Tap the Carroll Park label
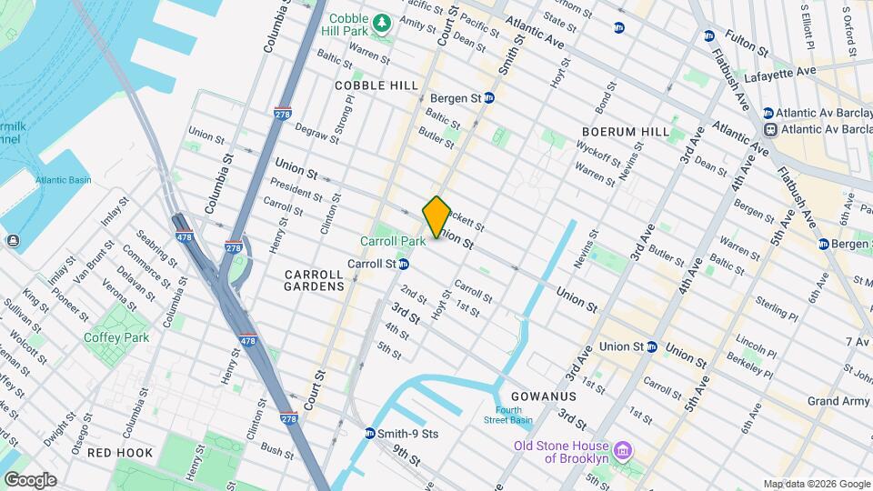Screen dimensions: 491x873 [x=393, y=242]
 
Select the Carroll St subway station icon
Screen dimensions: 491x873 [x=403, y=264]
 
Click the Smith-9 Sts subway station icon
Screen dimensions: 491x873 [x=370, y=434]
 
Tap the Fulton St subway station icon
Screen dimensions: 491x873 [x=708, y=36]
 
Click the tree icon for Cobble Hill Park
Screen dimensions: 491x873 [x=384, y=21]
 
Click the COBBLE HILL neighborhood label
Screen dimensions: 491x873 [x=376, y=85]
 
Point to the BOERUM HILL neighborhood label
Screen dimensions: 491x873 [x=626, y=132]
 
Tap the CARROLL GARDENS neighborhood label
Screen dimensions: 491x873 [x=315, y=279]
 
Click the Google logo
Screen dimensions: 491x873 [x=30, y=479]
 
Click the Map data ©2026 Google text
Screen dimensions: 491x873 [x=816, y=484]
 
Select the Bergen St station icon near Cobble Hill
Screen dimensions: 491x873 [x=488, y=97]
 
